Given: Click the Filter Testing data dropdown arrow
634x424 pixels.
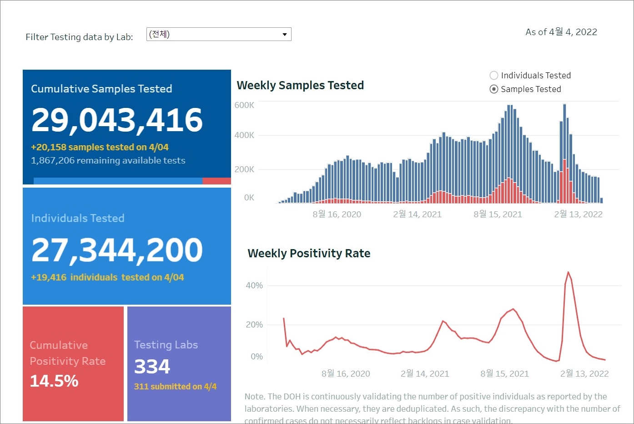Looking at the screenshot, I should point(285,35).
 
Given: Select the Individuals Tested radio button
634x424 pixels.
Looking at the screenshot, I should point(494,76).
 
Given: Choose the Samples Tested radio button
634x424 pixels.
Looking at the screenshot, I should point(494,89).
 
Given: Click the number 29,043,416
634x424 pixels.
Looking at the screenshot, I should point(117,120).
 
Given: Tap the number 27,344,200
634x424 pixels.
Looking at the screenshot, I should point(117,250).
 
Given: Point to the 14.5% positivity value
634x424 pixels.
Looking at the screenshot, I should point(54,381).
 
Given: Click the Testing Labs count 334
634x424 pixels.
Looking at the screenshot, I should point(152,367).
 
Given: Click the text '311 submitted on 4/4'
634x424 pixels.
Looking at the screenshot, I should point(175,387).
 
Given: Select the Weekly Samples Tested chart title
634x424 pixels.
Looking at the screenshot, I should point(300,86).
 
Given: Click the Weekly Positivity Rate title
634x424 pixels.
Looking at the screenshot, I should point(309,254).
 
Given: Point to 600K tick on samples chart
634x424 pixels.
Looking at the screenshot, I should point(244,105).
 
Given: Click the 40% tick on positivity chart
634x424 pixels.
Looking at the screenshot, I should point(254,286).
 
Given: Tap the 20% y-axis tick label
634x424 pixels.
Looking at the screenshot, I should point(254,325).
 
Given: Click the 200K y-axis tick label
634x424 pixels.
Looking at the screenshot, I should point(244,169).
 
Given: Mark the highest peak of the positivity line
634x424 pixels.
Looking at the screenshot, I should point(568,272).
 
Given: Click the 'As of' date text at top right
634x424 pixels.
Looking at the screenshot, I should point(561,32).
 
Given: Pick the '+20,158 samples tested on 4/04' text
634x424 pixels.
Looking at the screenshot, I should point(100,148).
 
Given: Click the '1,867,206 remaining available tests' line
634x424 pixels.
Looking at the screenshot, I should point(108,161).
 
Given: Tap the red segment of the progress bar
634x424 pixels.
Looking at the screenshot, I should point(216,181).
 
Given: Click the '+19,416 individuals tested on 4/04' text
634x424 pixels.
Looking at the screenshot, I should point(107,278).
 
